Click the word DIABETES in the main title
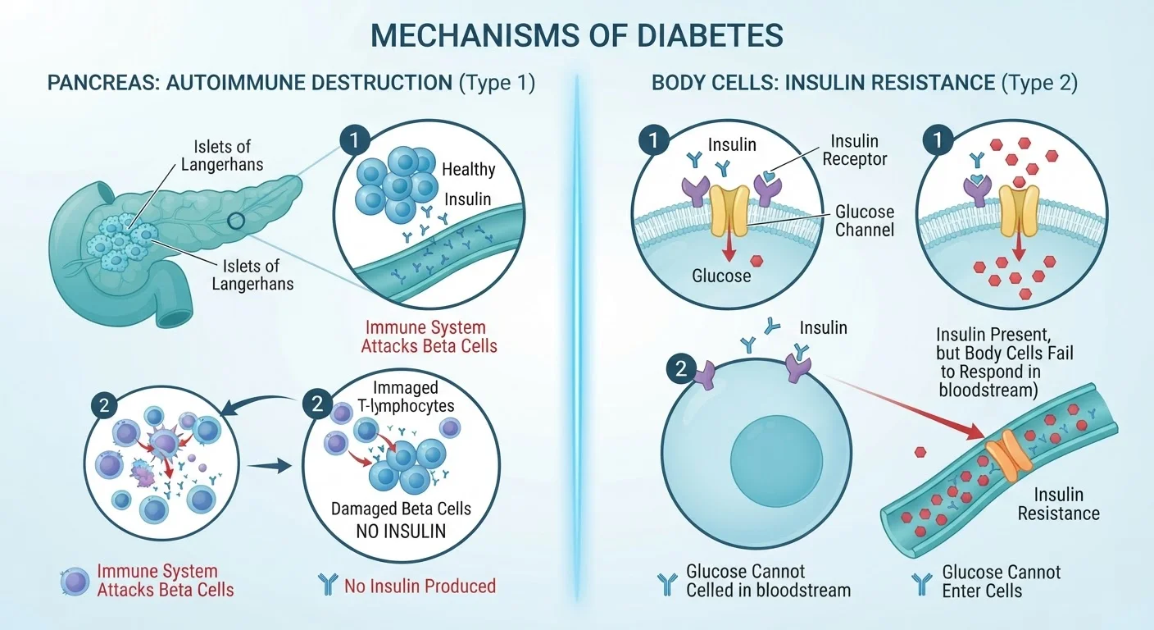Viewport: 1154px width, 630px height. (710, 35)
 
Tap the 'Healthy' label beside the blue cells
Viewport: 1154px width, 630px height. (468, 169)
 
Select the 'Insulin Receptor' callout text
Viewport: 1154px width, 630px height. (855, 150)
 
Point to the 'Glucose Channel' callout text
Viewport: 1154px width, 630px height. (865, 221)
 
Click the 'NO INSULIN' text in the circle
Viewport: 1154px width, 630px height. (401, 531)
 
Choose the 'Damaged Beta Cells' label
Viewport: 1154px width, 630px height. (401, 509)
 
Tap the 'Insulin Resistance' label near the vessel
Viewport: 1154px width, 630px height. (1059, 504)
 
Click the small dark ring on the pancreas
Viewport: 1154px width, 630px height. (236, 221)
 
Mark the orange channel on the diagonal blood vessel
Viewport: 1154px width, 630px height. (1009, 456)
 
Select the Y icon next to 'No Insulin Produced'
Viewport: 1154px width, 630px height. (328, 584)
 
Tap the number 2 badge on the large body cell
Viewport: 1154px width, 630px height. (681, 368)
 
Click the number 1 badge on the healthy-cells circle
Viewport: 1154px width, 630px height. (354, 139)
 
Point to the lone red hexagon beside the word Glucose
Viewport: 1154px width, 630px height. (756, 261)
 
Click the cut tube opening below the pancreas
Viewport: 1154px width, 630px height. (177, 314)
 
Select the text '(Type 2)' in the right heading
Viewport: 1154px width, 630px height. (1039, 83)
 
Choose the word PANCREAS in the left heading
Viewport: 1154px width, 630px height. (102, 83)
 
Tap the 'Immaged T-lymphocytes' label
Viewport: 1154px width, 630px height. (406, 396)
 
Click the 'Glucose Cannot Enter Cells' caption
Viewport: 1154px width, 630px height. (1001, 581)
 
